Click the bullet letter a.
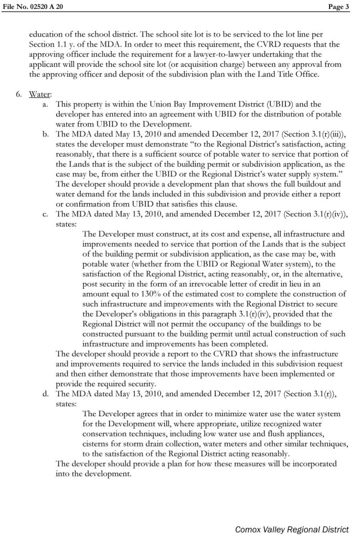46,104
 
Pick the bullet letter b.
46,134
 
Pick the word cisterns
100,443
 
